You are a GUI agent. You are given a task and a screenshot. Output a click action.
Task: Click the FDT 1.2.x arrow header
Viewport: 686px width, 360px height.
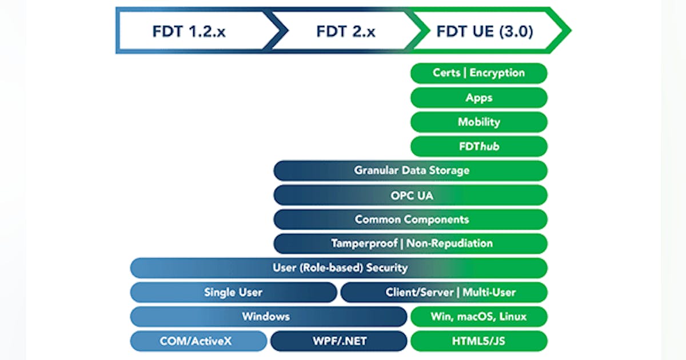[189, 31]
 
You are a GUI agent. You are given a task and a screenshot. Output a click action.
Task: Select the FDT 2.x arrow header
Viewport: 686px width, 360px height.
[346, 31]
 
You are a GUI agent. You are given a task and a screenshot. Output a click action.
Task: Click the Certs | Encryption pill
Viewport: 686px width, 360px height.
[479, 73]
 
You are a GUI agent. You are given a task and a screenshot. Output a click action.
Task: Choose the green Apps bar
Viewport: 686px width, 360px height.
[479, 98]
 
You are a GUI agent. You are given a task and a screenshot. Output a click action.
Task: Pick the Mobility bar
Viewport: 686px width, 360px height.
[479, 122]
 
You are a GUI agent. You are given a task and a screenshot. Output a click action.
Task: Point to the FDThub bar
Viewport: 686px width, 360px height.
[479, 146]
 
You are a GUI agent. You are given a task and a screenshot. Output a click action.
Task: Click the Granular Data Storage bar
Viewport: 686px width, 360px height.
[410, 170]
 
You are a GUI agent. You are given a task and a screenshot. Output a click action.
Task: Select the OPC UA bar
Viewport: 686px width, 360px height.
[410, 195]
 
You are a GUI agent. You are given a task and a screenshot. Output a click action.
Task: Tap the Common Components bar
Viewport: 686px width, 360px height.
[410, 219]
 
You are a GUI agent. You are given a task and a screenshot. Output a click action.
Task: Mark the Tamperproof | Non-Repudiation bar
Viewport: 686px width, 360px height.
[410, 243]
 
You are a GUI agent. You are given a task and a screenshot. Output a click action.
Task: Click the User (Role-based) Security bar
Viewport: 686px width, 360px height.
[339, 267]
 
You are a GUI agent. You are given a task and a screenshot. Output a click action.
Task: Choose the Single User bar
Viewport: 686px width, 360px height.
[233, 293]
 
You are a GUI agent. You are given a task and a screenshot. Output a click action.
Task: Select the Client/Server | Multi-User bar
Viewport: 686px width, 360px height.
[444, 293]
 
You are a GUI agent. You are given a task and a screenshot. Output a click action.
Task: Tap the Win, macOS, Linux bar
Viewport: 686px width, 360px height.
[479, 317]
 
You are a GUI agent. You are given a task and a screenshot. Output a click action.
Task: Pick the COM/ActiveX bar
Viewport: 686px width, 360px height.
[198, 342]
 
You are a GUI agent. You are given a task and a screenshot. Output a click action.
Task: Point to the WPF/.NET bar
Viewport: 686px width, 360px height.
[338, 342]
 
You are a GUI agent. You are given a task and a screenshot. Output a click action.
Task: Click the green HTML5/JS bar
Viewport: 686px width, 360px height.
[479, 342]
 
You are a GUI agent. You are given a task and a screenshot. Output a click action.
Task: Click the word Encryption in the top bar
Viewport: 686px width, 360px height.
[497, 73]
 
